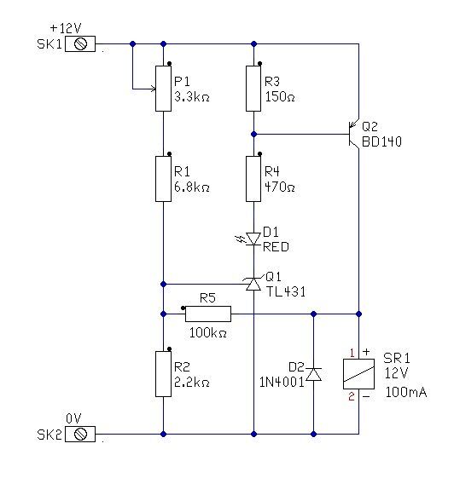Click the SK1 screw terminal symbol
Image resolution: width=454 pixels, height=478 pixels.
click(x=80, y=44)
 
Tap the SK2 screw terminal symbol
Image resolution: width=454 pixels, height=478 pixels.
click(x=80, y=434)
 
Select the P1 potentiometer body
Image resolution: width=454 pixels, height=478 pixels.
click(x=163, y=89)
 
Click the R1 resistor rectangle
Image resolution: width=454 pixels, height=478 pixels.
click(x=163, y=179)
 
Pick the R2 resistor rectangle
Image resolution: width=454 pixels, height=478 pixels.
click(x=163, y=374)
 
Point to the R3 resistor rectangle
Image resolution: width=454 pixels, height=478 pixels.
click(x=253, y=89)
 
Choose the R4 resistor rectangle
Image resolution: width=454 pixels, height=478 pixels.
click(x=253, y=179)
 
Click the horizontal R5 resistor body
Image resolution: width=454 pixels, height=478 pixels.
click(x=208, y=314)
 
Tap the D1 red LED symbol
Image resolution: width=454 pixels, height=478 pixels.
click(x=250, y=239)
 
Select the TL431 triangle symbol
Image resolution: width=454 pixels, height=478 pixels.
click(x=253, y=284)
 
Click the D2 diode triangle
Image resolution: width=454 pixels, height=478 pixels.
click(x=313, y=374)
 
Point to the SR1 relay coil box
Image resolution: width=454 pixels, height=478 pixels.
click(x=358, y=374)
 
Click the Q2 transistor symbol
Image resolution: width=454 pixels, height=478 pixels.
click(x=353, y=134)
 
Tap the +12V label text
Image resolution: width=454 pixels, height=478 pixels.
click(x=66, y=28)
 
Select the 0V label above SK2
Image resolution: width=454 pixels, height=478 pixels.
click(x=73, y=418)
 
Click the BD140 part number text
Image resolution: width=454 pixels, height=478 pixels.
click(x=381, y=141)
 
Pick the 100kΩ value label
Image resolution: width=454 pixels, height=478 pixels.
click(x=208, y=332)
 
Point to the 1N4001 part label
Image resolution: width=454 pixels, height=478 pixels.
click(x=282, y=382)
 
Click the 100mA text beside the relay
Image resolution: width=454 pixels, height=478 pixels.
click(x=406, y=392)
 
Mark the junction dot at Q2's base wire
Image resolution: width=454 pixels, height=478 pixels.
click(x=253, y=134)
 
